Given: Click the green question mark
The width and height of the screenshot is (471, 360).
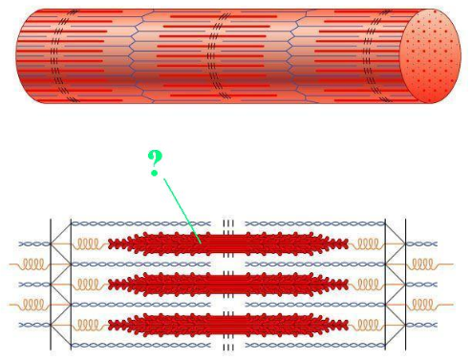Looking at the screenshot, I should pos(155,162).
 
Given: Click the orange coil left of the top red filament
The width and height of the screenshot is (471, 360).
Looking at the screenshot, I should pos(88,243).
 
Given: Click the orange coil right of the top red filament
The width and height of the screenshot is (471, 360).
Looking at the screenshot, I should pos(367,243).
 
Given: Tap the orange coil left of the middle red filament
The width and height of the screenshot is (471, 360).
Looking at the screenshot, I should pos(88,284).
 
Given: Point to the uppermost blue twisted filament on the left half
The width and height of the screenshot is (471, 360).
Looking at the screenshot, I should pos(143,223).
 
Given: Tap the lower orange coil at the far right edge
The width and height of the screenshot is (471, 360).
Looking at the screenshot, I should pos(427,305).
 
